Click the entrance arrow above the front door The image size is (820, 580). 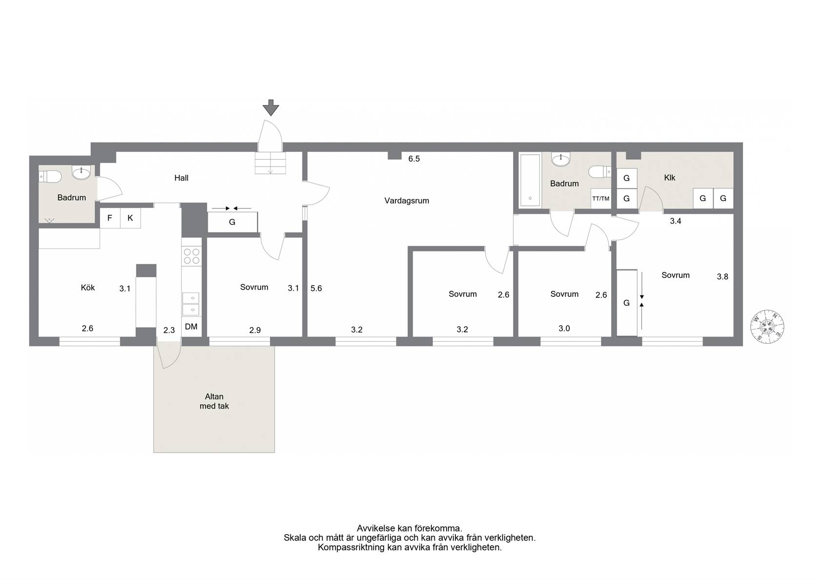point(271,107)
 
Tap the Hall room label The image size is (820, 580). point(181,178)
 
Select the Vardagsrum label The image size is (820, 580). point(407,201)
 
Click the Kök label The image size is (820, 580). point(88,288)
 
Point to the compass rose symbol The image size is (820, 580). point(767,327)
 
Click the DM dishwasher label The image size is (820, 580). point(191,327)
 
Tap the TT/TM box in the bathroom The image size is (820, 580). point(601,199)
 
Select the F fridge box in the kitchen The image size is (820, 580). point(110,218)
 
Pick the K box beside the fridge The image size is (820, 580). point(130,218)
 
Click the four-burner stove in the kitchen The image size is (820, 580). point(191,256)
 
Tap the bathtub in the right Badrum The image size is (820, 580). point(530,180)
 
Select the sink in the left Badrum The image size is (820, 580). point(81,172)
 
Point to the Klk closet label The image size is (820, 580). point(670,178)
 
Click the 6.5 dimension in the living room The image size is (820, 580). point(414,159)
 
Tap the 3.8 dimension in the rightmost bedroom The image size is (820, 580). point(722,277)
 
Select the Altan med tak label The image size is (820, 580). point(214,401)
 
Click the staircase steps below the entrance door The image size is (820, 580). point(270,163)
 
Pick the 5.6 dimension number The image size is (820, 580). point(316,289)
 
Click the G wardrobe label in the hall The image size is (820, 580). point(232,222)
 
